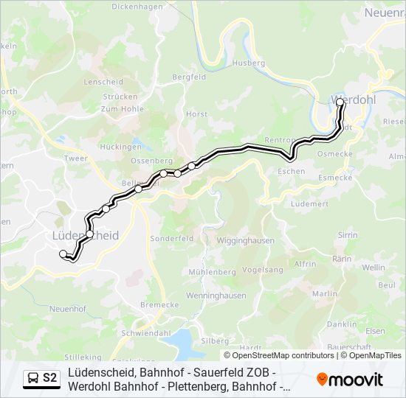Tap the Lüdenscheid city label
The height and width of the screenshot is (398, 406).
point(86,235)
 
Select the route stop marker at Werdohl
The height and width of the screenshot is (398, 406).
point(340,104)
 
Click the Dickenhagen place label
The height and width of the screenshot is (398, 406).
point(137,7)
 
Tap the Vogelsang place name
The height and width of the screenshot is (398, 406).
point(263,270)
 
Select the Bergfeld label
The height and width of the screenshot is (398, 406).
point(189,77)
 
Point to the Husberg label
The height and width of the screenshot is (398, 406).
point(248,63)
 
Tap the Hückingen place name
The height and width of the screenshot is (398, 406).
point(121,147)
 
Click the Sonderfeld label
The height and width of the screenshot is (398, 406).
point(171,239)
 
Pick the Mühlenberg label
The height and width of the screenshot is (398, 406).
point(212,272)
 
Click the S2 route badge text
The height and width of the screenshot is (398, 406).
point(49,378)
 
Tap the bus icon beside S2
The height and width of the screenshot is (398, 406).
point(33,378)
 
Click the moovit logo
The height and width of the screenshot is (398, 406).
point(350,380)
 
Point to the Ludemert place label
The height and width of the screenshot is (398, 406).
point(309,203)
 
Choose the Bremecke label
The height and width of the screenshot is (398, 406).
point(159,304)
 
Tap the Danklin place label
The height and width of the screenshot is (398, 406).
point(341,324)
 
